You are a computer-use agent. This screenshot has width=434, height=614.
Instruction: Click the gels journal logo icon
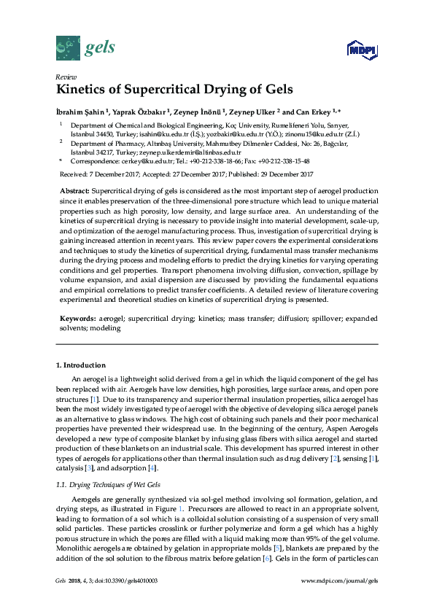click(67, 48)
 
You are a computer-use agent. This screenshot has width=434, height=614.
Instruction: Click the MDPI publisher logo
click(363, 50)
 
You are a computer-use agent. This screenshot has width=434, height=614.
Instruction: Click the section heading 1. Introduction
click(80, 365)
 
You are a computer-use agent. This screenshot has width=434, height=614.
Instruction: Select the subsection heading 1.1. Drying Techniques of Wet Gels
click(104, 464)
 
